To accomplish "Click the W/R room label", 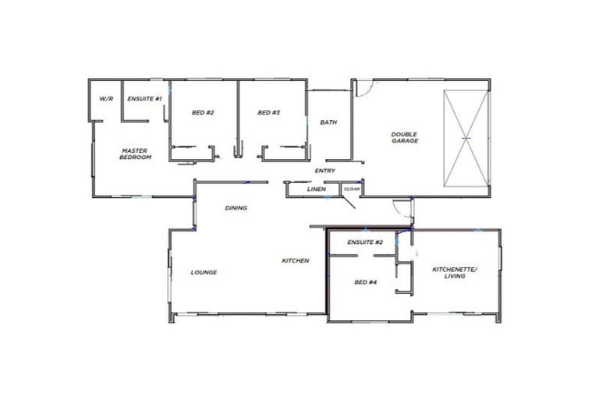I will tap(107, 99).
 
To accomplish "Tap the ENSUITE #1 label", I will tap(144, 99).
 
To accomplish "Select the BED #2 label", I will tap(203, 113).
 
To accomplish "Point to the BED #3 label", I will tap(269, 113).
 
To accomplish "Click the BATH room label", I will tap(328, 122).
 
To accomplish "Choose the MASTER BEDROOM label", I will tap(135, 154).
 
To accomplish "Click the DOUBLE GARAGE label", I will tap(404, 137).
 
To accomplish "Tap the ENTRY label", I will tap(325, 171).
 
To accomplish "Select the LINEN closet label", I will tap(316, 189).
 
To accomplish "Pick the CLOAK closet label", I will tap(352, 189).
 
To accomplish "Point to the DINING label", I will tap(236, 208).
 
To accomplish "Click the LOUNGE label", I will tap(204, 273).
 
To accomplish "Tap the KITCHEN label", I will tap(296, 260).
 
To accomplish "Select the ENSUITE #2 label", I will tap(365, 242).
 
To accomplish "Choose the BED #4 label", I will tap(366, 282).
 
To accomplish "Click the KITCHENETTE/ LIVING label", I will tap(454, 273).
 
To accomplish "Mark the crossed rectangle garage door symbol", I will tap(466, 138).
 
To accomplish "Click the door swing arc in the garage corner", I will tap(363, 87).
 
